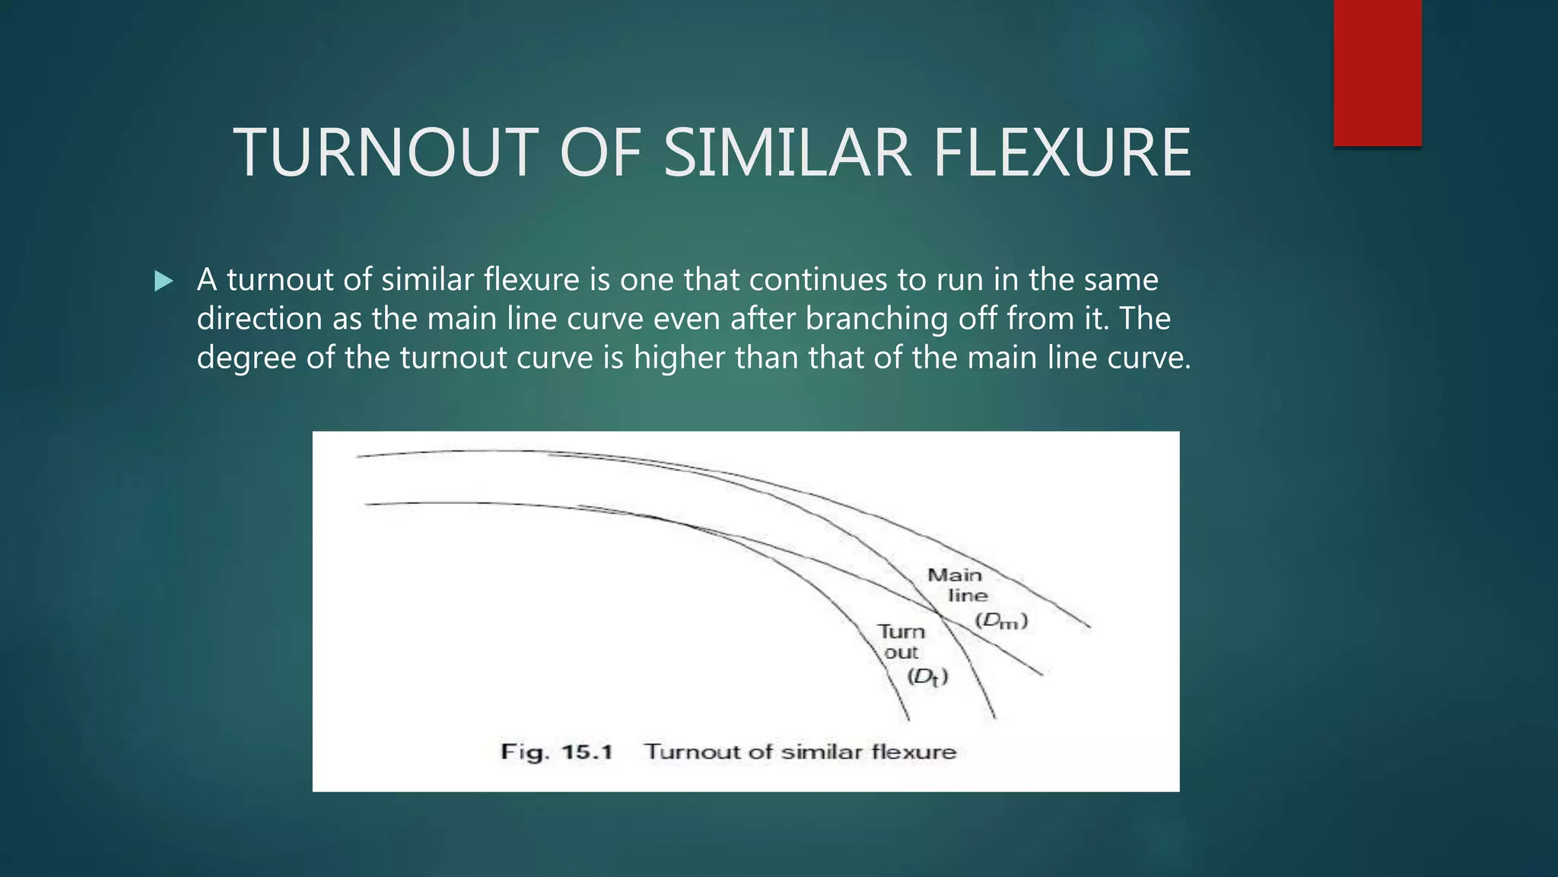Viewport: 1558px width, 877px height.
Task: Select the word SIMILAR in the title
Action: [787, 153]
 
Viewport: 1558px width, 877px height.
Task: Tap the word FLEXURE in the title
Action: [1062, 153]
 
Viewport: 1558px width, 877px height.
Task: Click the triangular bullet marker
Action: [163, 282]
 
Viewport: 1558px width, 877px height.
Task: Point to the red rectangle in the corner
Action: [1377, 72]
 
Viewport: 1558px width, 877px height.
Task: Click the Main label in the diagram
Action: [955, 575]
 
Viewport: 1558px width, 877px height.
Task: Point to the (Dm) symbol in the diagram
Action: [1001, 621]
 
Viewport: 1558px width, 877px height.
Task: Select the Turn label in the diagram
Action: [901, 632]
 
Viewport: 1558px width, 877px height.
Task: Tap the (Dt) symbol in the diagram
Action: [927, 677]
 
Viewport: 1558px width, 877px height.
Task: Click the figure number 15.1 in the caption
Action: [587, 752]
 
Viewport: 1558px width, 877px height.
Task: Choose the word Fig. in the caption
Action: [525, 753]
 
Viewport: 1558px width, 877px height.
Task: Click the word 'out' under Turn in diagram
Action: [901, 652]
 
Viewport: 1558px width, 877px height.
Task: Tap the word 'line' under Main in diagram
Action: [968, 595]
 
